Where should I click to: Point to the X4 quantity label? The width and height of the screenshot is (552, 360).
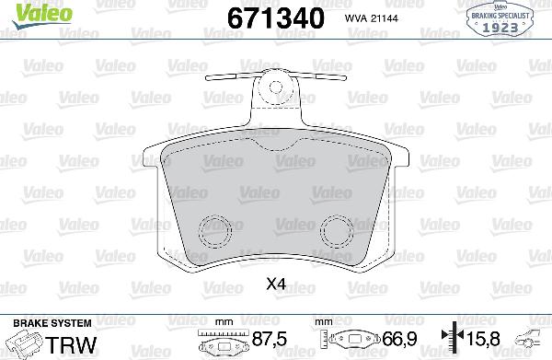click(275, 286)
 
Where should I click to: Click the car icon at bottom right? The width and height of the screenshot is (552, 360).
click(534, 340)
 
